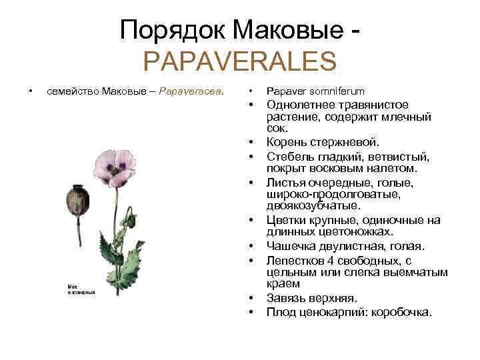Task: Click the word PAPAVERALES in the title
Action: (x=240, y=62)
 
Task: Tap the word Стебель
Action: (x=289, y=157)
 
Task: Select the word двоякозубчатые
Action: (x=313, y=205)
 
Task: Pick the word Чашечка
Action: (x=291, y=246)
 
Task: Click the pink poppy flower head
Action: (x=115, y=167)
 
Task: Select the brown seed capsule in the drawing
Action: (x=75, y=201)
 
